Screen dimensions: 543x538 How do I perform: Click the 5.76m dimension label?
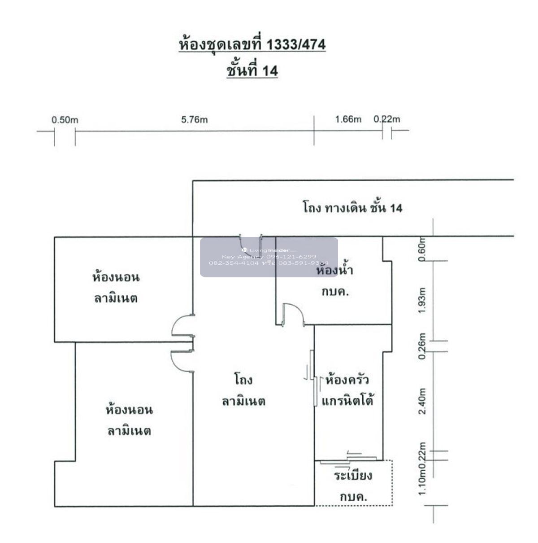194,120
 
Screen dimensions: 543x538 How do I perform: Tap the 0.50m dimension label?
65,120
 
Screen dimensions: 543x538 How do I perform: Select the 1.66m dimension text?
348,119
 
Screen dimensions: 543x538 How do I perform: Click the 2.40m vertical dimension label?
421,402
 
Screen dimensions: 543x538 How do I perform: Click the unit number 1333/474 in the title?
296,45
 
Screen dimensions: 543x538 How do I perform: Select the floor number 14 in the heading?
270,70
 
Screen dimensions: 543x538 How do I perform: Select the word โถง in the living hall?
243,380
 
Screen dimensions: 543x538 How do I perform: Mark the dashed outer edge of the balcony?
392,483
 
